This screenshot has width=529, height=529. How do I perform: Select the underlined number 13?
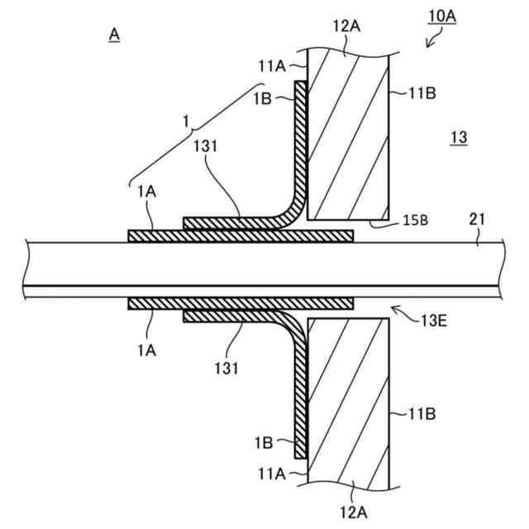pos(458,139)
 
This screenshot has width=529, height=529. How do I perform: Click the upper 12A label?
pos(347,27)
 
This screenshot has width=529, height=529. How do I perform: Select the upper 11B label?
pos(421,94)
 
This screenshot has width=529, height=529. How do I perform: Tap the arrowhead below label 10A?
pos(428,45)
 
